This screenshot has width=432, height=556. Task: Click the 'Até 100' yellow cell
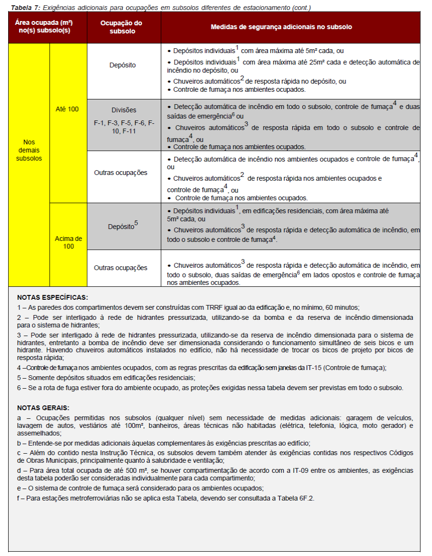point(67,109)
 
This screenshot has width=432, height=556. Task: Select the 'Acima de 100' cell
point(68,242)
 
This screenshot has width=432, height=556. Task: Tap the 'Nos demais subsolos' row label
point(29,150)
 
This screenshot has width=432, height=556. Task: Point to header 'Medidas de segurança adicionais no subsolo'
point(281,27)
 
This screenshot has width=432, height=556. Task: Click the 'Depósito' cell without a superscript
point(122,65)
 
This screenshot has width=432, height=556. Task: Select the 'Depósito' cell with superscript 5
point(122,226)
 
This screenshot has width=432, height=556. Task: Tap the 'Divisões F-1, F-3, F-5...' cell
point(124,120)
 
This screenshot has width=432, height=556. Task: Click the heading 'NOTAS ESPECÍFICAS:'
point(53,297)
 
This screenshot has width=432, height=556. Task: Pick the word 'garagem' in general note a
point(345,418)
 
